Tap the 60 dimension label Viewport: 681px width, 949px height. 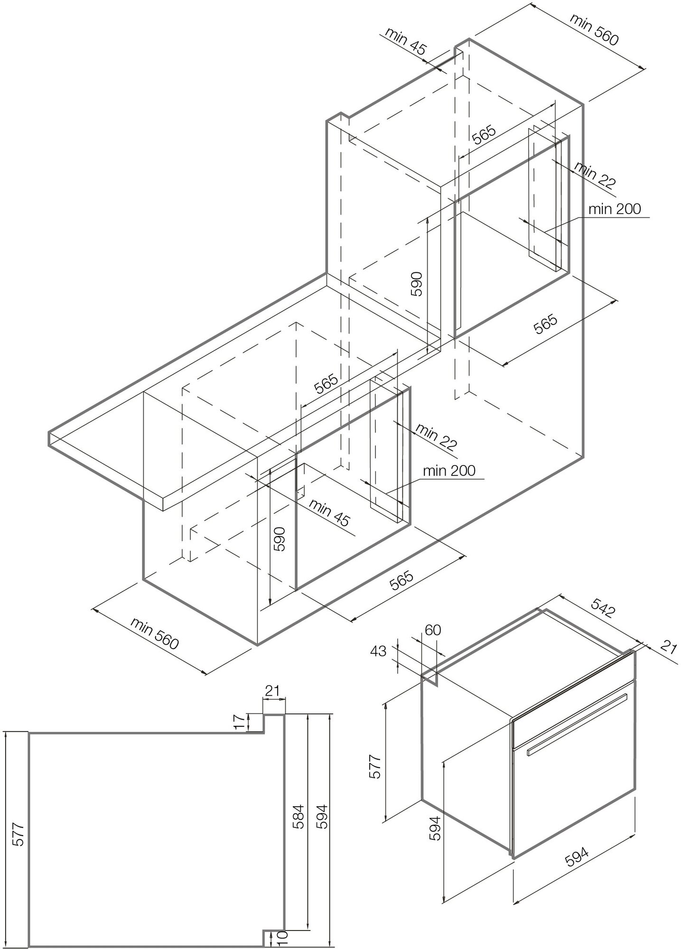432,630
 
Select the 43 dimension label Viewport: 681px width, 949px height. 378,651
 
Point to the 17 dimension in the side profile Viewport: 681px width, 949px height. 241,722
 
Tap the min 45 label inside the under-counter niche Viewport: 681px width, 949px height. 328,512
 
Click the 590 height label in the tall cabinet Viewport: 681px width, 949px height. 416,284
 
